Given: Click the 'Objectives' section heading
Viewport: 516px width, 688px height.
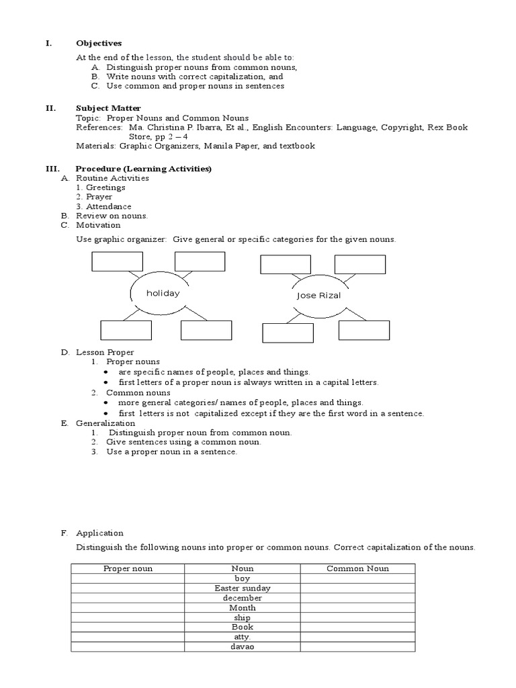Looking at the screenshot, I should [x=99, y=44].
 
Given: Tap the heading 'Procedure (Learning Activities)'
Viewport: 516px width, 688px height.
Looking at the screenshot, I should [x=144, y=169].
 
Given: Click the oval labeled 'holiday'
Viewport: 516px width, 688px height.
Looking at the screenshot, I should [x=163, y=294].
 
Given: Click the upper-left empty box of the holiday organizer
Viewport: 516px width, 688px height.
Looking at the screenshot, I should [x=118, y=261].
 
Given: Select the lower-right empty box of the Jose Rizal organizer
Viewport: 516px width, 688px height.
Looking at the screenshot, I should [x=363, y=331].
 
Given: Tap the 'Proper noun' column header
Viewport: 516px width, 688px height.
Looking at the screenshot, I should [x=128, y=568].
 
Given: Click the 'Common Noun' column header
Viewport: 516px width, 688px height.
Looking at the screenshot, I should [x=357, y=568].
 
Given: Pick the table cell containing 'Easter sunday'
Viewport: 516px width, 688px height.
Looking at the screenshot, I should [x=243, y=588].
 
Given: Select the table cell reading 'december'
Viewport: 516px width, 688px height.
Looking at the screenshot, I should [x=243, y=598].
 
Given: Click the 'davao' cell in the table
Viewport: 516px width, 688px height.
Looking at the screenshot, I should [x=243, y=647].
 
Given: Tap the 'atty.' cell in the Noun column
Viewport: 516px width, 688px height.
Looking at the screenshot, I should [x=243, y=637].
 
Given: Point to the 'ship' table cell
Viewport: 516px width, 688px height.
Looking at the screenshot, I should [x=243, y=617].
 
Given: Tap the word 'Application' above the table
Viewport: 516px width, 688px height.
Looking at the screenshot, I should [x=99, y=533].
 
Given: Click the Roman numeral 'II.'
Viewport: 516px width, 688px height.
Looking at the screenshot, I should [x=49, y=108].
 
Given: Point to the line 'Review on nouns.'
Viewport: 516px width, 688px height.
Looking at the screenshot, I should [x=112, y=216].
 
